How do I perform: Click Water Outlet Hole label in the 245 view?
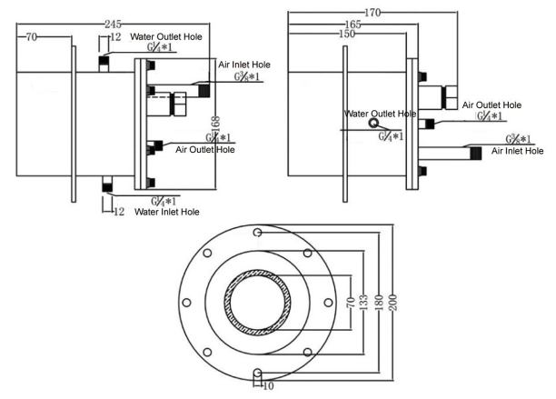coord(168,37)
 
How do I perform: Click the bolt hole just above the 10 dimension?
coord(259,373)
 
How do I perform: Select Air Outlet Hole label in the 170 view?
coord(491,105)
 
